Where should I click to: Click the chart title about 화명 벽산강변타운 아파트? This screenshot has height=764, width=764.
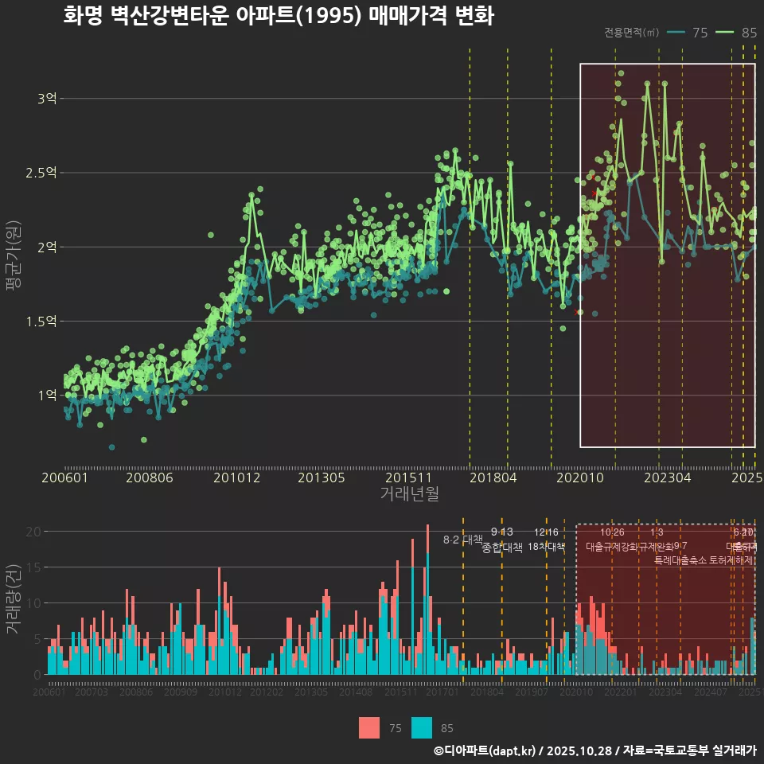click(279, 16)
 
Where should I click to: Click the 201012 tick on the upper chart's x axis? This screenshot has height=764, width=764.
click(236, 478)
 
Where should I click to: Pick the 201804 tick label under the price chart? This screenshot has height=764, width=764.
click(493, 478)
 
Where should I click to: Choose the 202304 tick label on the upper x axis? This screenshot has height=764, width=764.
click(666, 478)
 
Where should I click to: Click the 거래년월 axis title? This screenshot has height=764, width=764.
click(409, 494)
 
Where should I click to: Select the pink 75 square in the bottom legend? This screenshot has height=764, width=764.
click(369, 727)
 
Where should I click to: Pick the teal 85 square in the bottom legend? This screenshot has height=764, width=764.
click(422, 727)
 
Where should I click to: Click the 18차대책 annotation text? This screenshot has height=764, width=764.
click(546, 547)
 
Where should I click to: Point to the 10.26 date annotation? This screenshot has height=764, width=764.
click(611, 532)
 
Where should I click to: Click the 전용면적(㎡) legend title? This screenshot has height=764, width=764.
click(631, 33)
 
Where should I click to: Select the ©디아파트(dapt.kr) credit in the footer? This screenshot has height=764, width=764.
click(485, 750)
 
